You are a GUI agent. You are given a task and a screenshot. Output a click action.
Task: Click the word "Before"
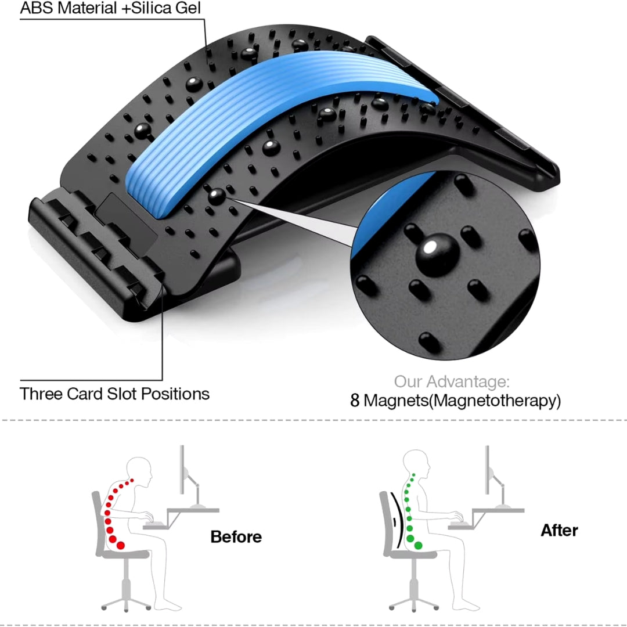click(236, 536)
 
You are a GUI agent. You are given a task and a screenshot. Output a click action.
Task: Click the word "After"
click(559, 530)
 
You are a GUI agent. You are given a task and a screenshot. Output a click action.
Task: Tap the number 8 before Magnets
click(355, 400)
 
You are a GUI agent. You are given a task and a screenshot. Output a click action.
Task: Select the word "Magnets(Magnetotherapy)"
click(462, 401)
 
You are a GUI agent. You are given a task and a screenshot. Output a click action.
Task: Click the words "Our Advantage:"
click(452, 381)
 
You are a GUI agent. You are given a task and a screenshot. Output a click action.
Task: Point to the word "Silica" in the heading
click(149, 8)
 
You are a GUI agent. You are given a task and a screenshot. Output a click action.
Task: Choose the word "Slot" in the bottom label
click(121, 394)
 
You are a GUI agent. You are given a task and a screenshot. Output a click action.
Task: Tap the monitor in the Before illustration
click(182, 470)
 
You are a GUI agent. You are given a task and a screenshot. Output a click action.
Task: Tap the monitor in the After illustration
click(487, 470)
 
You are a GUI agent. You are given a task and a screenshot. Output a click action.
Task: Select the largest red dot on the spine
click(120, 545)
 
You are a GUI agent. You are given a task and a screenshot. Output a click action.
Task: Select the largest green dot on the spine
click(418, 545)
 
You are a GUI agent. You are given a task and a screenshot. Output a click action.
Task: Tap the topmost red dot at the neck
click(132, 480)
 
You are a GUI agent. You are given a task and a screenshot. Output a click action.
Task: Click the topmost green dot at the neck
click(414, 475)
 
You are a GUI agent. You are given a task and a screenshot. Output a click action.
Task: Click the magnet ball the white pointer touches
click(217, 197)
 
